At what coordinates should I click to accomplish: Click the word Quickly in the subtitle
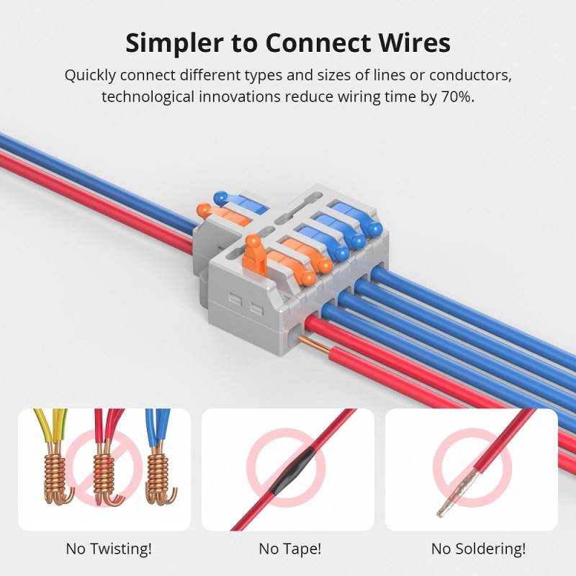(90, 76)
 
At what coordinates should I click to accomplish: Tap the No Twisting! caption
(109, 549)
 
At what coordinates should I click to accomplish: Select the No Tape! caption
(289, 549)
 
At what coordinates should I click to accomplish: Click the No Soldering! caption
(478, 549)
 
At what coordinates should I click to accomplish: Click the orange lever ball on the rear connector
(204, 211)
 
